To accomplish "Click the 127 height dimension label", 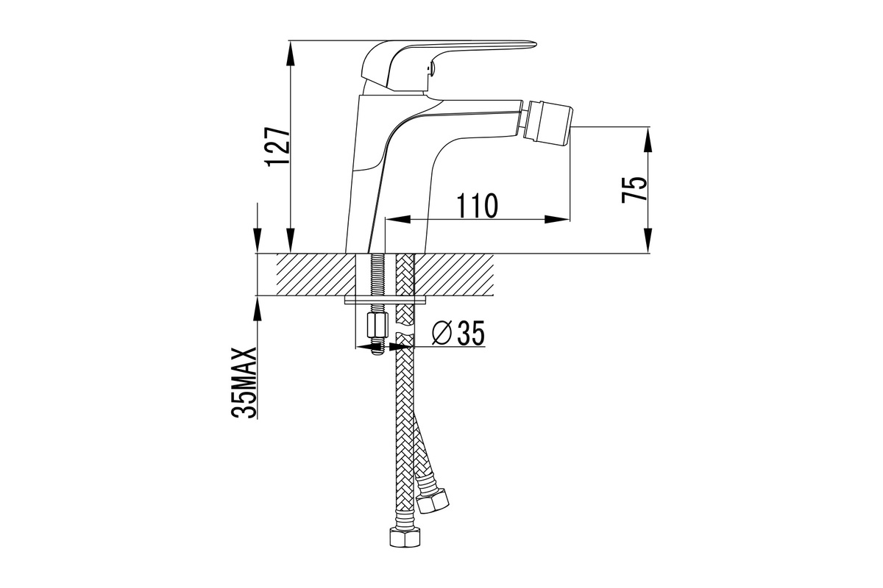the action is pyautogui.click(x=279, y=146).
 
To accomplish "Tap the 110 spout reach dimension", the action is pyautogui.click(x=477, y=205).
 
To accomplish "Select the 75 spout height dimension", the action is pyautogui.click(x=634, y=189).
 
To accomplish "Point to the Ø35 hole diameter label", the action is pyautogui.click(x=458, y=333).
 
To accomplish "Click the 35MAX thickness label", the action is pyautogui.click(x=244, y=383).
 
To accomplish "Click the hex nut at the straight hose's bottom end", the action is pyautogui.click(x=405, y=537).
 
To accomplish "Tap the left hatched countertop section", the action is pyautogui.click(x=316, y=274).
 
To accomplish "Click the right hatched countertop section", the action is pyautogui.click(x=454, y=274).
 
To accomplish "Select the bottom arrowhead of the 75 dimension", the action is pyautogui.click(x=648, y=240).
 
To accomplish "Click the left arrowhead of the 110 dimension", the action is pyautogui.click(x=397, y=219).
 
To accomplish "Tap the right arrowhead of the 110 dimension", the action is pyautogui.click(x=558, y=219).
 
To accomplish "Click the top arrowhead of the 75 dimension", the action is pyautogui.click(x=648, y=139).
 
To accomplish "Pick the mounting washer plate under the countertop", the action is pyautogui.click(x=386, y=301).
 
